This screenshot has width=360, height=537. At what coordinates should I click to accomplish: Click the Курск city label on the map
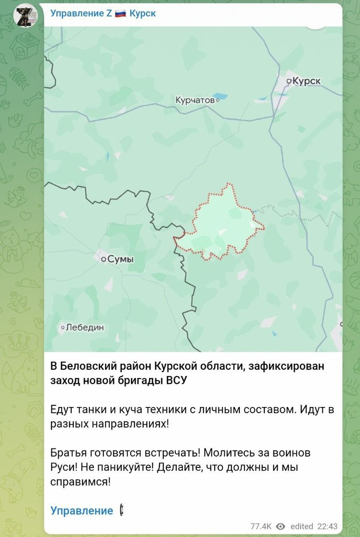pyautogui.click(x=306, y=81)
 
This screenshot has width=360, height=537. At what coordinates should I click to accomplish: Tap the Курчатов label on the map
pyautogui.click(x=195, y=100)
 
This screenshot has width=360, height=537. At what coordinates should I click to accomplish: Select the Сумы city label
pyautogui.click(x=120, y=259)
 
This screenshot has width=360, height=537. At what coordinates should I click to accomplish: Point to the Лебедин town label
pyautogui.click(x=84, y=327)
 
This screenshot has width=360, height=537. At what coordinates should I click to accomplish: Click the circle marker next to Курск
pyautogui.click(x=289, y=81)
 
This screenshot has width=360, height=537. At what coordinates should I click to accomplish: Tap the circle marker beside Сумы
pyautogui.click(x=103, y=259)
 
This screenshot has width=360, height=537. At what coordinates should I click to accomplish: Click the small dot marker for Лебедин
pyautogui.click(x=62, y=327)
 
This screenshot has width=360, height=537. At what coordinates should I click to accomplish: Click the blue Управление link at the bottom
pyautogui.click(x=81, y=511)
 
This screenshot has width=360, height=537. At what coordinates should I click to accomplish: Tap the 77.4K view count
pyautogui.click(x=261, y=526)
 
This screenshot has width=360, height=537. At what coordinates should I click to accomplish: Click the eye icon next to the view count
pyautogui.click(x=281, y=526)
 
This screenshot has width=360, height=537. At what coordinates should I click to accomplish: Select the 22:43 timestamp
pyautogui.click(x=328, y=526)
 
